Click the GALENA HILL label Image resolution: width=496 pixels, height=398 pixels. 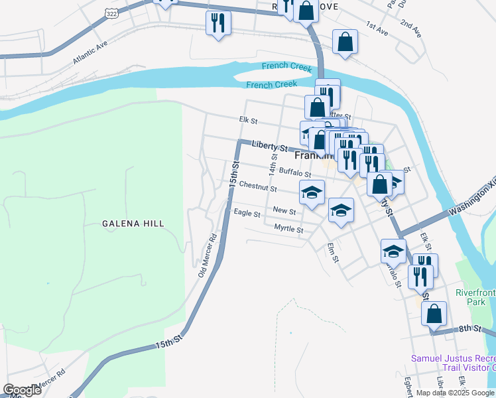pos(133,224)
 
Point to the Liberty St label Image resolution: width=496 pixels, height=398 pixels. pos(269,147)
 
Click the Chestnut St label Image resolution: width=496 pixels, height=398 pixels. pos(258,187)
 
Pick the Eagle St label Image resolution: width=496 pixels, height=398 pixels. pos(247,213)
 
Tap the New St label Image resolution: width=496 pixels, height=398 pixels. pos(284,210)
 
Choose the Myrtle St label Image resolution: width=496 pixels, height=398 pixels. pos(288,229)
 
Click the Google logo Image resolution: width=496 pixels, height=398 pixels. pos(22,390)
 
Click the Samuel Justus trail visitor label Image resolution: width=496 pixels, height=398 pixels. pos(453,363)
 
